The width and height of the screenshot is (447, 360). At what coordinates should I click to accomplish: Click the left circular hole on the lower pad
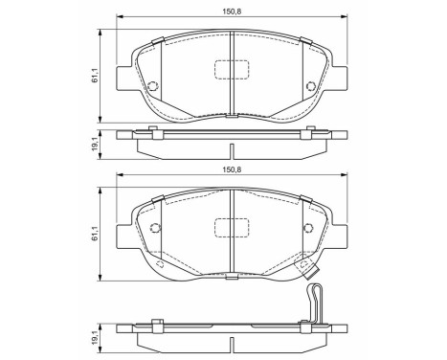tap(155, 228)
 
